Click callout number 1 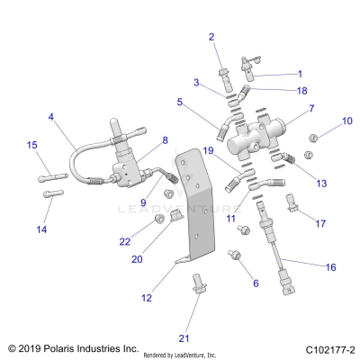pos(300,74)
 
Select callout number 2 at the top pos(211,37)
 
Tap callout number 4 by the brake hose pos(50,117)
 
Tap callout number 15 pos(31,145)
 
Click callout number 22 pos(125,240)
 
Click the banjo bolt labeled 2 pos(223,68)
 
